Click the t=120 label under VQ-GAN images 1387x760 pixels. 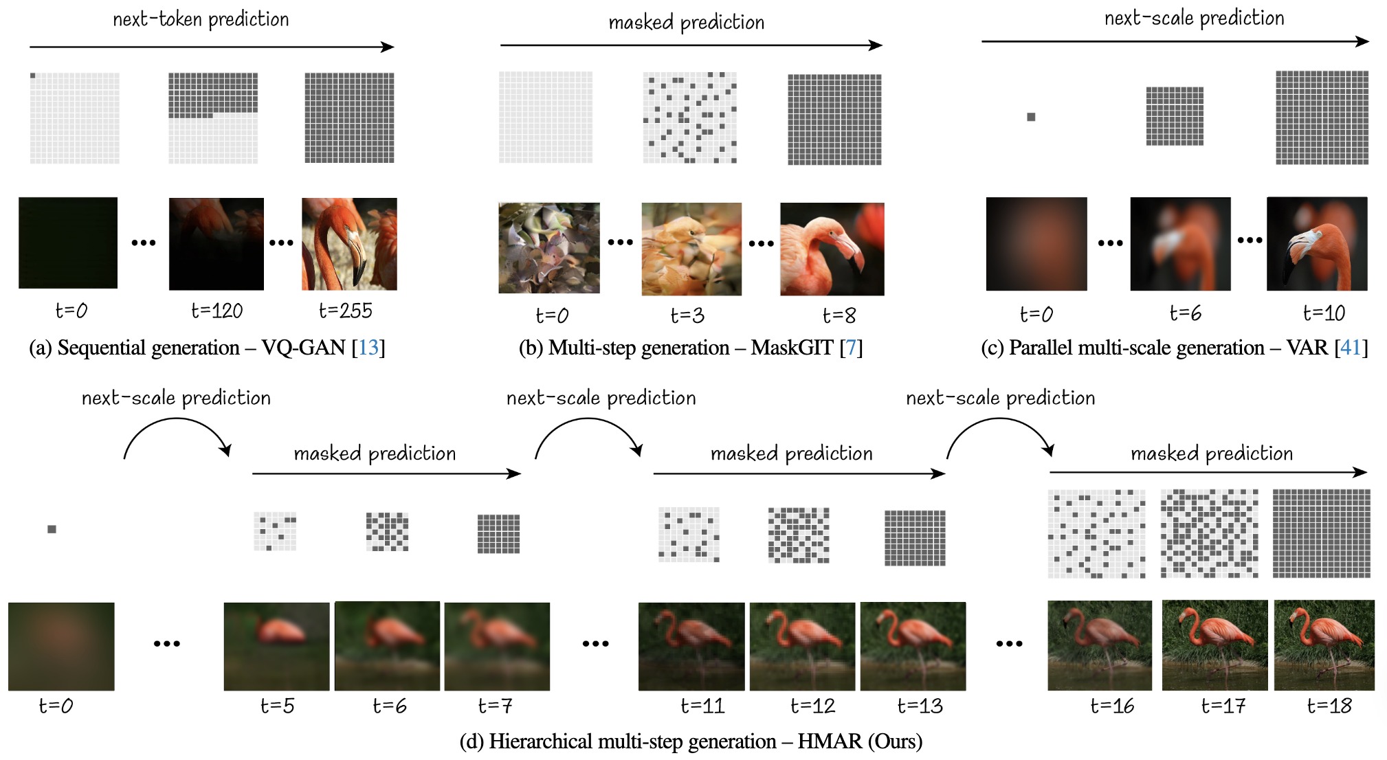point(217,311)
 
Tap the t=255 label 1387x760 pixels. point(345,311)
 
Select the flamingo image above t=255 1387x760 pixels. point(349,244)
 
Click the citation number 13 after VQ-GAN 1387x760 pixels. point(368,348)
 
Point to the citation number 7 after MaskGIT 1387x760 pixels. point(851,348)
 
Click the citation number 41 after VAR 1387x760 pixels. point(1351,348)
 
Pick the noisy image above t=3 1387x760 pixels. point(691,249)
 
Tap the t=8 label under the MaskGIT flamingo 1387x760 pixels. point(839,315)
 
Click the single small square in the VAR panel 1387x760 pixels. point(1031,117)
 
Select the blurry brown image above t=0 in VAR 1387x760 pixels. point(1036,244)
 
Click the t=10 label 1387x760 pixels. point(1324,313)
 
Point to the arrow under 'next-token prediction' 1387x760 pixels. point(212,47)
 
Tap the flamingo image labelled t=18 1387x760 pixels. point(1324,645)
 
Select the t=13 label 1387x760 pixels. point(920,706)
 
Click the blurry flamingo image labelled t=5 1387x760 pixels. point(276,647)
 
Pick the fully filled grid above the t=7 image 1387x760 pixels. point(498,534)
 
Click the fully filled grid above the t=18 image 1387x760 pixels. point(1321,533)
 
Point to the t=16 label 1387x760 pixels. point(1112,706)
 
